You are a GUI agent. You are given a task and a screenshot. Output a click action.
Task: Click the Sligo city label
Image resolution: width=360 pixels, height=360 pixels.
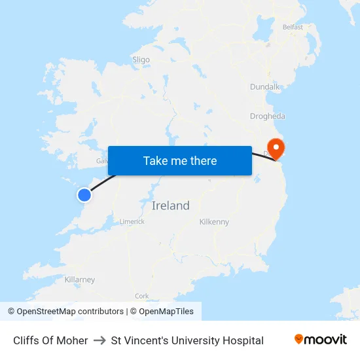click(x=141, y=60)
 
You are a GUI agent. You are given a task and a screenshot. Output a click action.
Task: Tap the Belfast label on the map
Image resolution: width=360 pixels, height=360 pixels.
click(x=293, y=27)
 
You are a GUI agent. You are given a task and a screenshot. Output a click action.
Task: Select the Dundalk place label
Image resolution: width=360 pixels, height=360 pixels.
click(x=265, y=86)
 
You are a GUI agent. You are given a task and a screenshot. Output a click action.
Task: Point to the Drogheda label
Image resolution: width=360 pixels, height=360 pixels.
click(x=268, y=117)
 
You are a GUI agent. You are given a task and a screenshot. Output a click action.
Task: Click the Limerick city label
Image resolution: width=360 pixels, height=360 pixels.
click(x=132, y=221)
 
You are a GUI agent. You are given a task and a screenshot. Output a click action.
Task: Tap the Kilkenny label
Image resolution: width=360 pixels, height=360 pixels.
click(x=214, y=222)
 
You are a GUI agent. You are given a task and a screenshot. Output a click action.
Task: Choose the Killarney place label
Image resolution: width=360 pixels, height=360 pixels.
click(x=80, y=279)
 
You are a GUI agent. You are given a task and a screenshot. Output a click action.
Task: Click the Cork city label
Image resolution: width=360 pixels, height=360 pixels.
click(x=141, y=296)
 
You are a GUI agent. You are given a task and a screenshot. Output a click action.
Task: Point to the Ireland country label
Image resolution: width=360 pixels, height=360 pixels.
click(x=170, y=206)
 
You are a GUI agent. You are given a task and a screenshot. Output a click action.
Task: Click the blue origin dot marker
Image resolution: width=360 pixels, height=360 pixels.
click(x=84, y=194)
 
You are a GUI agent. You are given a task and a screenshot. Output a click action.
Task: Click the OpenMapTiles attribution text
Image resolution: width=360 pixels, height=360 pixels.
click(x=166, y=312)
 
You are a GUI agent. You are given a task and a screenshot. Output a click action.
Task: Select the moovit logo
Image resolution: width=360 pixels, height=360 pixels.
click(x=321, y=340)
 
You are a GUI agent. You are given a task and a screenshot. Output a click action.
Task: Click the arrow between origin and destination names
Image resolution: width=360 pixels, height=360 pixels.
click(x=99, y=340)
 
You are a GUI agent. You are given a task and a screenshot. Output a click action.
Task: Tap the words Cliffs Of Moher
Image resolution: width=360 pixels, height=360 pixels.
click(x=50, y=340)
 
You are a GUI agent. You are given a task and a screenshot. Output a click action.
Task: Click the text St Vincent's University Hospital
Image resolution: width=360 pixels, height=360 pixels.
click(x=187, y=340)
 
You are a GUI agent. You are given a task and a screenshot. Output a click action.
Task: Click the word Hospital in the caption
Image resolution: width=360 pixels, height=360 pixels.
click(x=243, y=340)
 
